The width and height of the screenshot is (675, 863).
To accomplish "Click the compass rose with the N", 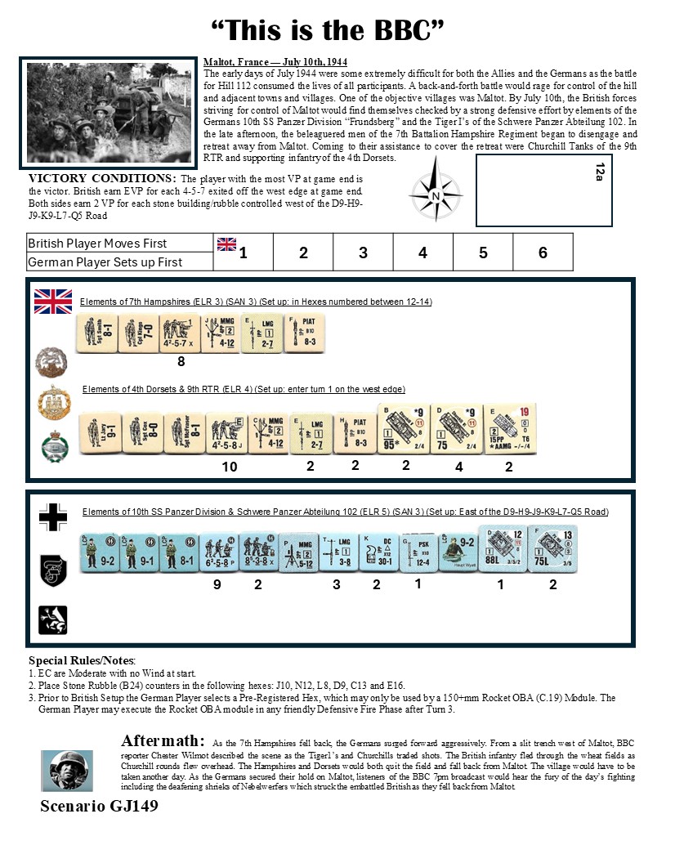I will tap(436, 195).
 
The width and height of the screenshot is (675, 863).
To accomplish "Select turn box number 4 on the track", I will tap(422, 253).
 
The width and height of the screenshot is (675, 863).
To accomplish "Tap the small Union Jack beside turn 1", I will tap(226, 244).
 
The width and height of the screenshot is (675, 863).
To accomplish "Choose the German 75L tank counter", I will tap(552, 549).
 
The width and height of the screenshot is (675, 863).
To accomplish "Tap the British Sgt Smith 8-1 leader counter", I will tap(96, 333).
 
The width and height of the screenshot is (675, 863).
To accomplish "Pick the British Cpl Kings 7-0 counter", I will tap(136, 333).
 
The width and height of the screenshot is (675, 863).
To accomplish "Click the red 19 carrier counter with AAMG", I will tap(509, 428).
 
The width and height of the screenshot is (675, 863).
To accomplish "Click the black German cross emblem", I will tap(53, 517).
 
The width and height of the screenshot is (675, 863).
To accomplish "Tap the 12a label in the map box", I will tap(599, 172).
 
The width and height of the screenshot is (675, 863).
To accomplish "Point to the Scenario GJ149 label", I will tap(99, 806).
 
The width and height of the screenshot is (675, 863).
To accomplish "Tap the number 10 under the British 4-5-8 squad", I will tap(230, 467).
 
